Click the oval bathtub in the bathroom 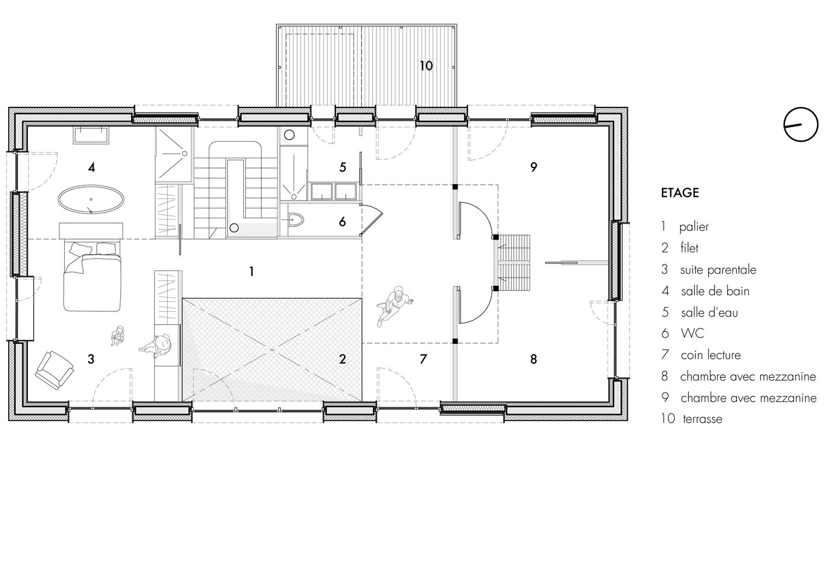click(x=91, y=199)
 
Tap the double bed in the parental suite click(x=92, y=276)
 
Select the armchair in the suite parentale click(x=54, y=370)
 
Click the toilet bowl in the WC click(x=295, y=220)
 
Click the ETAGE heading click(x=679, y=193)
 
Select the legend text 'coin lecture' click(x=711, y=355)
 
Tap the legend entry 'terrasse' click(x=702, y=419)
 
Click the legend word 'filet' click(x=689, y=248)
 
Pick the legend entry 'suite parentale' click(x=718, y=270)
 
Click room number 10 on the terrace click(x=426, y=66)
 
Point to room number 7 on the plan click(x=423, y=359)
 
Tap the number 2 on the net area click(x=342, y=359)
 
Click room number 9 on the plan click(x=534, y=167)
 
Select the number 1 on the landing click(x=251, y=272)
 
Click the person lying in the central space click(x=393, y=306)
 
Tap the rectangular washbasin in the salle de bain click(x=91, y=135)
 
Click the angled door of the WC click(x=372, y=220)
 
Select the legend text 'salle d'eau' click(x=709, y=313)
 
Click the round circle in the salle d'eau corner click(x=290, y=135)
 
